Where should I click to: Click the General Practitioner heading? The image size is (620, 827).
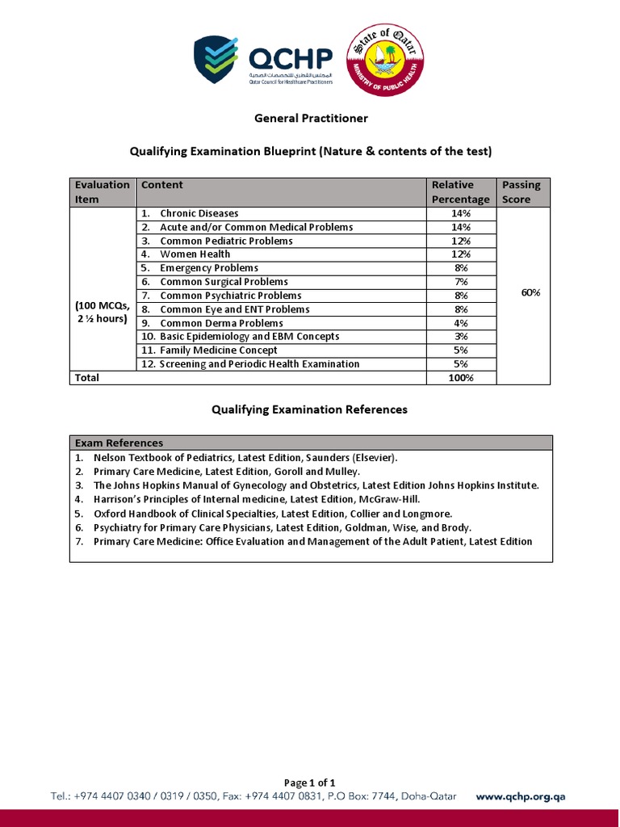click(311, 118)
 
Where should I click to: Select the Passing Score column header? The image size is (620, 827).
click(521, 191)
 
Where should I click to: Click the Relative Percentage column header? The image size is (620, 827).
click(460, 191)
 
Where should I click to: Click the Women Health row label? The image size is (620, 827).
click(195, 254)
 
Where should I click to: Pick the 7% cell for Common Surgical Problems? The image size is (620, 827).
click(461, 282)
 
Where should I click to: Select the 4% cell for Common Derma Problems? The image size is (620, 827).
click(461, 323)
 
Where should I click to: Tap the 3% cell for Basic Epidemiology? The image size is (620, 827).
click(461, 337)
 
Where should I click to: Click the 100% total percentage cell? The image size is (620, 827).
click(461, 378)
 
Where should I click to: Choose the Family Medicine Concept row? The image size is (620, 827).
click(218, 351)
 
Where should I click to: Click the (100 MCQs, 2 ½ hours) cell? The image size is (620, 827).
click(103, 312)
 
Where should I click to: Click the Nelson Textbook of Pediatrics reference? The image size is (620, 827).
click(245, 457)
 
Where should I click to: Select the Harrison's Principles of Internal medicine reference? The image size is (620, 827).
click(257, 499)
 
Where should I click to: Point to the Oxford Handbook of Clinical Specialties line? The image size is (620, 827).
click(273, 514)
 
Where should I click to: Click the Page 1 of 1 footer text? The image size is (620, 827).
click(310, 783)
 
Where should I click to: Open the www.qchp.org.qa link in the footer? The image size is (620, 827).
click(521, 796)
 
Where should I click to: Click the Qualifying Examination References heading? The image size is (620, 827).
click(310, 409)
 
